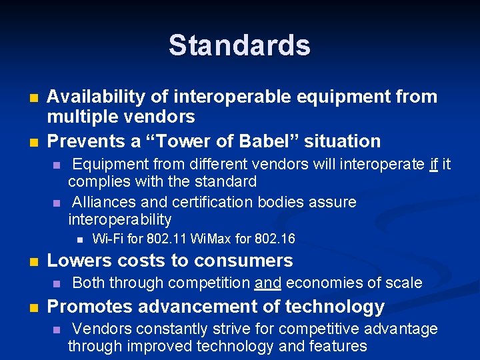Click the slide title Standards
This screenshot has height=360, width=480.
(239, 45)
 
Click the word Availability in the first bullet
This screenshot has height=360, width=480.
(93, 97)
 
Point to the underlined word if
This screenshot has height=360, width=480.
(434, 164)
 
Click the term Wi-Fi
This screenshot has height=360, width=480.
(107, 239)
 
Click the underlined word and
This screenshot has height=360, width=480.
(268, 283)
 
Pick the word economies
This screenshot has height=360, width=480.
(323, 283)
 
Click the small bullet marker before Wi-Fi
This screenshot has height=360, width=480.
(79, 239)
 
